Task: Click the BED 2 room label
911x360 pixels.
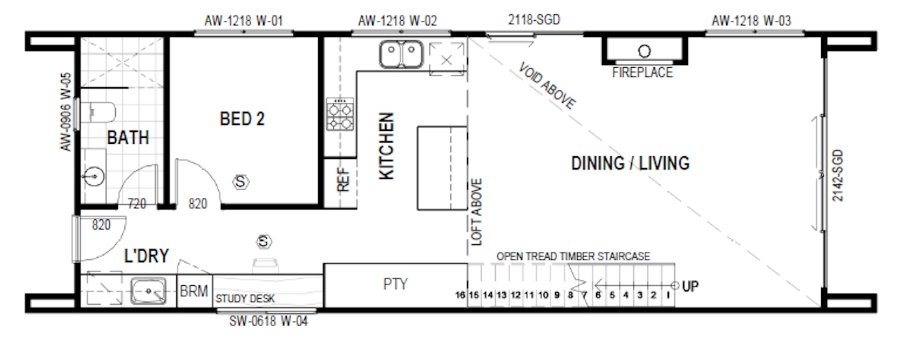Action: click(x=242, y=118)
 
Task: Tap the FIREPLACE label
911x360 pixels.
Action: click(x=643, y=72)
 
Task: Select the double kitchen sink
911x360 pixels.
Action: click(x=401, y=54)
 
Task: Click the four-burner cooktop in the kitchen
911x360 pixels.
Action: click(x=340, y=115)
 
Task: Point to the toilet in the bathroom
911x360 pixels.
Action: click(x=98, y=112)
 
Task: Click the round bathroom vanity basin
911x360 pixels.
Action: click(x=94, y=176)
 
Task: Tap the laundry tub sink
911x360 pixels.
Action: click(x=148, y=291)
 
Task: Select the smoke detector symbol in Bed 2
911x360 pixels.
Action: click(x=241, y=182)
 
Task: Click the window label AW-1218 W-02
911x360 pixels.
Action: click(x=398, y=21)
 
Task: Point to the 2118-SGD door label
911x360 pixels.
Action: click(x=534, y=20)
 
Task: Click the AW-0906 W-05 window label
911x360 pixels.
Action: click(x=66, y=112)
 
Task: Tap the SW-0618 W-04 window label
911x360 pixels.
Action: click(x=268, y=321)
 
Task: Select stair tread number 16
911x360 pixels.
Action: click(x=460, y=295)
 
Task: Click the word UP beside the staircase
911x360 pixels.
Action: click(x=690, y=286)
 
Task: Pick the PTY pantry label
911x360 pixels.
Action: click(x=396, y=284)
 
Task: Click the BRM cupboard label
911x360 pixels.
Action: click(x=194, y=291)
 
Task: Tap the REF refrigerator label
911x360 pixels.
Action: click(x=344, y=180)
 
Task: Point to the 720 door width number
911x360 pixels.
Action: click(x=137, y=203)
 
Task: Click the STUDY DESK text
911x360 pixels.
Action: click(x=245, y=299)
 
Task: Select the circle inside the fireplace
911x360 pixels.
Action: click(x=644, y=51)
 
